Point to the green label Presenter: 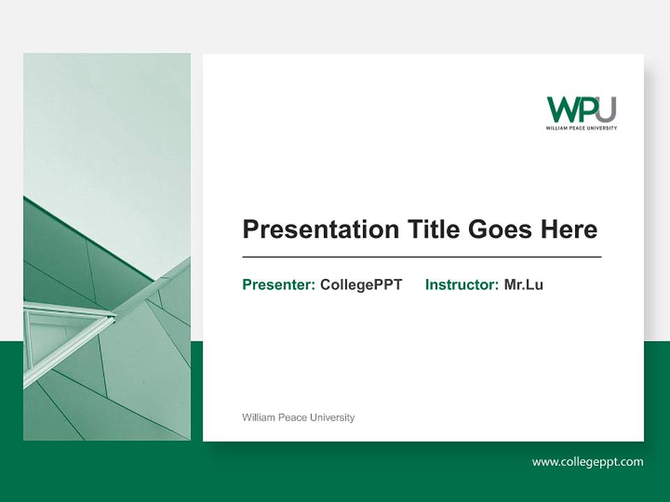(x=278, y=284)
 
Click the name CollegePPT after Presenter (x=361, y=284)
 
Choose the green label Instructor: (x=461, y=284)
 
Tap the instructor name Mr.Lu (x=523, y=284)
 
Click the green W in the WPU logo (x=563, y=110)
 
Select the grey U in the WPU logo (x=606, y=109)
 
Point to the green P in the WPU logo (x=587, y=110)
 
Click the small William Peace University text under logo (x=581, y=128)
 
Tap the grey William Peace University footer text (x=298, y=418)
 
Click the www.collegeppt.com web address (x=588, y=462)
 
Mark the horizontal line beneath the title (x=422, y=257)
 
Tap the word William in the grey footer (x=258, y=418)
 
